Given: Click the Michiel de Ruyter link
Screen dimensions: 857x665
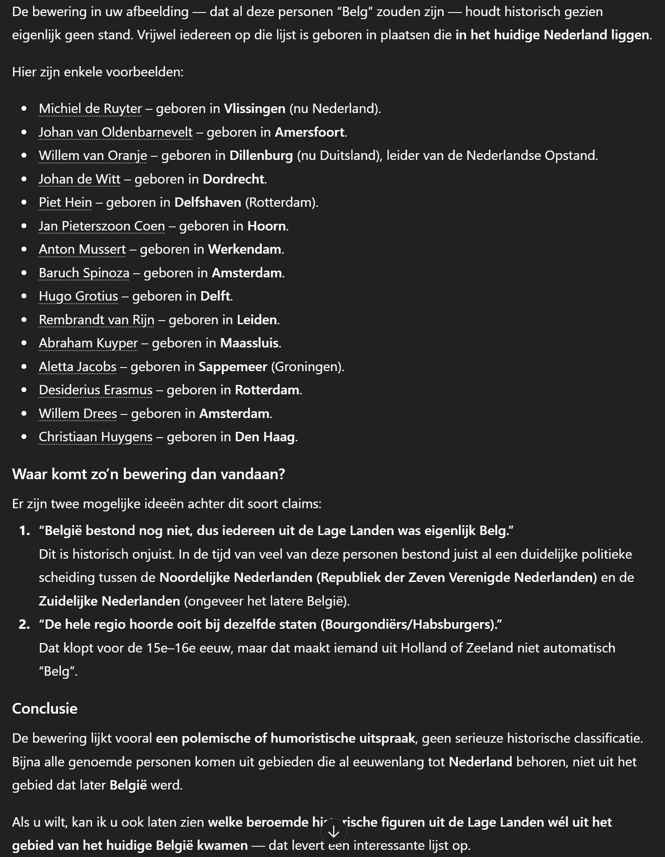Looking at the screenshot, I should [90, 109].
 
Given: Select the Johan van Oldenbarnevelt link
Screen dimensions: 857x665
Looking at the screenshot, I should [116, 132].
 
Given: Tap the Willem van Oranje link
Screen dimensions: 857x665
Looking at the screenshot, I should [93, 155].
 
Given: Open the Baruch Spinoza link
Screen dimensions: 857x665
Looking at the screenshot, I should [84, 273].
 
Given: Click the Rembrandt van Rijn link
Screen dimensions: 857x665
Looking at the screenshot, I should [97, 320].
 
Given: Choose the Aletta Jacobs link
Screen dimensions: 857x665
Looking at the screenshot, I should [78, 367].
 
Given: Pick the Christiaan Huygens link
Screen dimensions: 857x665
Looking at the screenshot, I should [96, 437].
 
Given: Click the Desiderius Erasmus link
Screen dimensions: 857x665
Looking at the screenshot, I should [96, 390].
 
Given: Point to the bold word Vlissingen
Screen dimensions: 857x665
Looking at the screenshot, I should [255, 109].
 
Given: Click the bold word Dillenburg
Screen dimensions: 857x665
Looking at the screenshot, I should [261, 155].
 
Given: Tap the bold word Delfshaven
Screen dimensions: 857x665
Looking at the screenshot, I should [208, 202].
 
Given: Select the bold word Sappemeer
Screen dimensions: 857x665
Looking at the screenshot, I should [233, 367].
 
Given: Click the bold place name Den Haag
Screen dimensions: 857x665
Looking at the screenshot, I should [265, 437].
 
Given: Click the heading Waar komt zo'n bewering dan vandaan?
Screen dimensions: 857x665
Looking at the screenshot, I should [148, 474].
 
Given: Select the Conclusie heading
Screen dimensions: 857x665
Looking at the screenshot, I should [45, 708].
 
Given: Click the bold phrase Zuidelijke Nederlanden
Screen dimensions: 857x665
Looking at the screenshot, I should [109, 601].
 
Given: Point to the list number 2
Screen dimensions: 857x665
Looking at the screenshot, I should [24, 624].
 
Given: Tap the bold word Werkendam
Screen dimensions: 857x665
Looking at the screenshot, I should [245, 249].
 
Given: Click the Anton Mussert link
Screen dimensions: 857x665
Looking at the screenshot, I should [82, 249].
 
